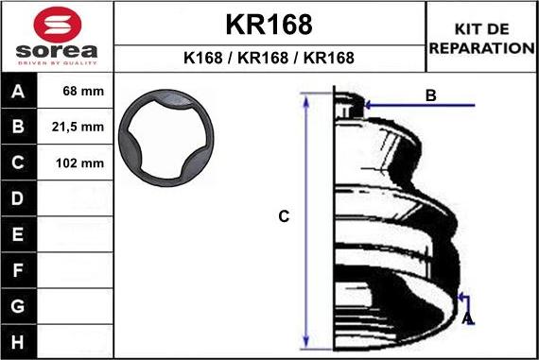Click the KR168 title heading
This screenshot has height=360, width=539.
(x=269, y=24)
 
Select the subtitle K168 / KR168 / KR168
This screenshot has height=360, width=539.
(x=269, y=58)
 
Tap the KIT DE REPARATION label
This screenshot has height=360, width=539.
(x=482, y=38)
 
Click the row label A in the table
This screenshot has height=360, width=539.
(x=19, y=93)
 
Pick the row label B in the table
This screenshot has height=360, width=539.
(x=19, y=127)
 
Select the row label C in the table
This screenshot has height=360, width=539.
(x=19, y=163)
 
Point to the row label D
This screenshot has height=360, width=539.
(x=19, y=198)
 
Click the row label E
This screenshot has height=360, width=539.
(x=19, y=234)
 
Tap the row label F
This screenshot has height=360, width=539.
(x=19, y=270)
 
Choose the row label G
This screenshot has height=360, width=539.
(x=19, y=306)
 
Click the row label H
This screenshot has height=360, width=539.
(x=19, y=341)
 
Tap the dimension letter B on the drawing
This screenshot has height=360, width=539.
(x=430, y=95)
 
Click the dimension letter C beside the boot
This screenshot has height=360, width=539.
(x=283, y=217)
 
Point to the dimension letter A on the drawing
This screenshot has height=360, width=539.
(x=467, y=318)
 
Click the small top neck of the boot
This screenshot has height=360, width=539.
(x=348, y=105)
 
